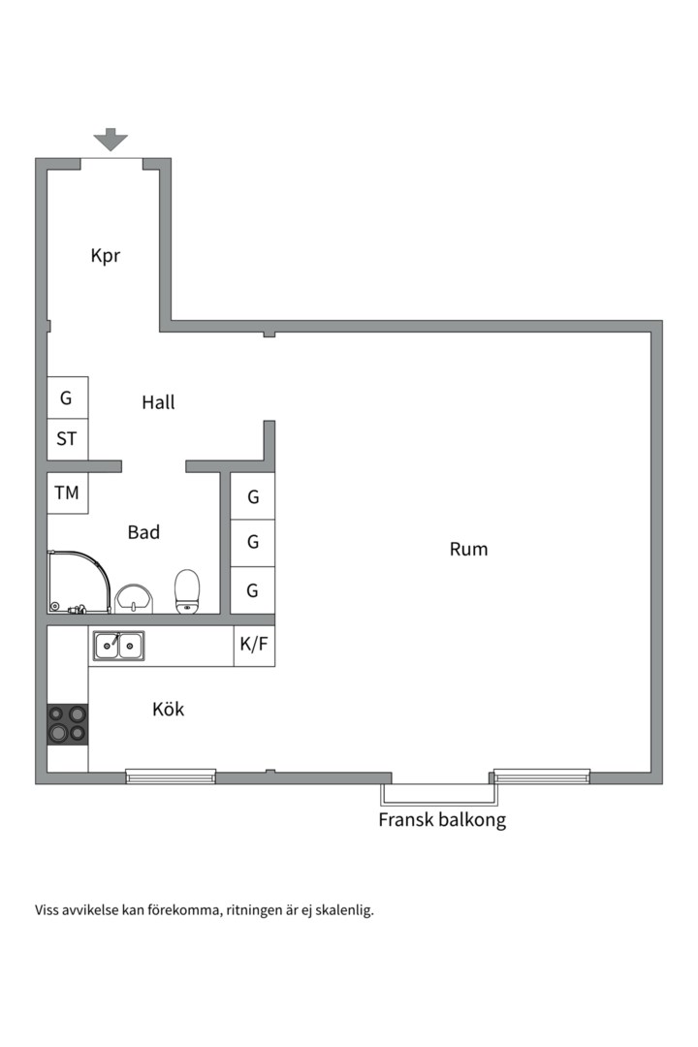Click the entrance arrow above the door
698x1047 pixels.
point(111,140)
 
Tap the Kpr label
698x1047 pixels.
point(105,256)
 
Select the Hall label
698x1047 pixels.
point(158,402)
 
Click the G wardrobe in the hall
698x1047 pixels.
point(67,397)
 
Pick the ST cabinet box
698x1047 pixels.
point(67,439)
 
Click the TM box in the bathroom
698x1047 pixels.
point(67,493)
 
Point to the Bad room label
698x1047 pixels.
point(143,532)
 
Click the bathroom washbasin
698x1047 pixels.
point(134,598)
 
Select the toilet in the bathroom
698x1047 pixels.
point(186,591)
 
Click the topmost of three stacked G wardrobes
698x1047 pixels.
point(253,497)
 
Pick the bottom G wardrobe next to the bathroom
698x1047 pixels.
point(253,589)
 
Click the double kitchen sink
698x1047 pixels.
point(118,645)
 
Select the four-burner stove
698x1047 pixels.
point(67,723)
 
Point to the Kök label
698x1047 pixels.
point(168,710)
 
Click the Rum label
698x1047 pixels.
point(468,550)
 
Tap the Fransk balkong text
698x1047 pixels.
point(442,820)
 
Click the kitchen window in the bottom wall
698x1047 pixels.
point(171,776)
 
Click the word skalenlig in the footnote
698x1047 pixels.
point(344,910)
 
